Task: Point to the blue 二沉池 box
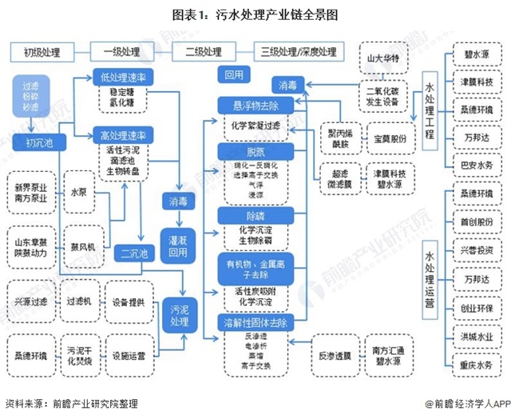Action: point(133,255)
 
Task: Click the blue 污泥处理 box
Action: point(179,315)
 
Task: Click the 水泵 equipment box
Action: point(80,192)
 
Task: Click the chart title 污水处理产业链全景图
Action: point(255,14)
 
